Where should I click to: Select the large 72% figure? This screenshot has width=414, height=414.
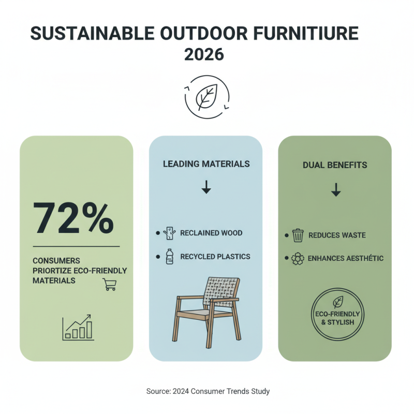point(73,218)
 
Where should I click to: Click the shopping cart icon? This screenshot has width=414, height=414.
point(109,284)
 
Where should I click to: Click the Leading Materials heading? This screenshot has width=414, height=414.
point(206,164)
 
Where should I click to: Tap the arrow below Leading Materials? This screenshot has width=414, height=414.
point(206,187)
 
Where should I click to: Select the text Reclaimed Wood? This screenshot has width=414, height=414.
point(211,233)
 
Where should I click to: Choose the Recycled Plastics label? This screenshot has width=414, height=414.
point(215,257)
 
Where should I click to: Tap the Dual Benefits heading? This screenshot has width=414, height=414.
point(335,165)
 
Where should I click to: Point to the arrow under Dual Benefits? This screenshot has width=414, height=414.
point(336,189)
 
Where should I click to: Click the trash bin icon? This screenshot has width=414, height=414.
point(298,235)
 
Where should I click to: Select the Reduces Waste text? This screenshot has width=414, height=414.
point(337,235)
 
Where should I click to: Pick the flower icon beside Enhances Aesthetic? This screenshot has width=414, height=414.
point(298,259)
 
